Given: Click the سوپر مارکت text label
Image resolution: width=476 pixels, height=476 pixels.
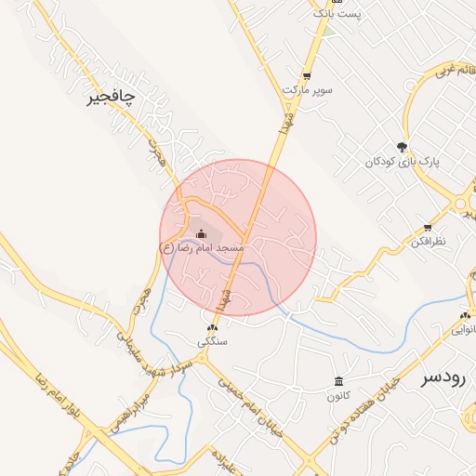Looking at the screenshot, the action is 307,90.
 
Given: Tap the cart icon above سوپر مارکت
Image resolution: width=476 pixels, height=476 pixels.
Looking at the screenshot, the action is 307,76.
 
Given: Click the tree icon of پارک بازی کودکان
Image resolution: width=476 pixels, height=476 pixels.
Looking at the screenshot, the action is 402,147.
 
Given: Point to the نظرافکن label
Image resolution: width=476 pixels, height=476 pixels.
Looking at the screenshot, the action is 427,242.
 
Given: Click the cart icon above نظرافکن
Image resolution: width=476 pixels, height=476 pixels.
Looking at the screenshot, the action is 427,228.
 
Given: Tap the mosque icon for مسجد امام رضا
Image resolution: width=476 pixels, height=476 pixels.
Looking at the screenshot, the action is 202,233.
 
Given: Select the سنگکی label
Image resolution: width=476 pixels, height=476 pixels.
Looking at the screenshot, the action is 212,342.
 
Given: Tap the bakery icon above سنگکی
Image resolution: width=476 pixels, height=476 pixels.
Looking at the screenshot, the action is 212,328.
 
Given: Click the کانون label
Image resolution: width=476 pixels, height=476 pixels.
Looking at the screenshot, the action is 337,396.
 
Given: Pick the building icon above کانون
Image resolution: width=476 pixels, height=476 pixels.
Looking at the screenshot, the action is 337,382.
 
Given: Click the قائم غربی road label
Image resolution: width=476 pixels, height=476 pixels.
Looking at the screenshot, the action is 450,70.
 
